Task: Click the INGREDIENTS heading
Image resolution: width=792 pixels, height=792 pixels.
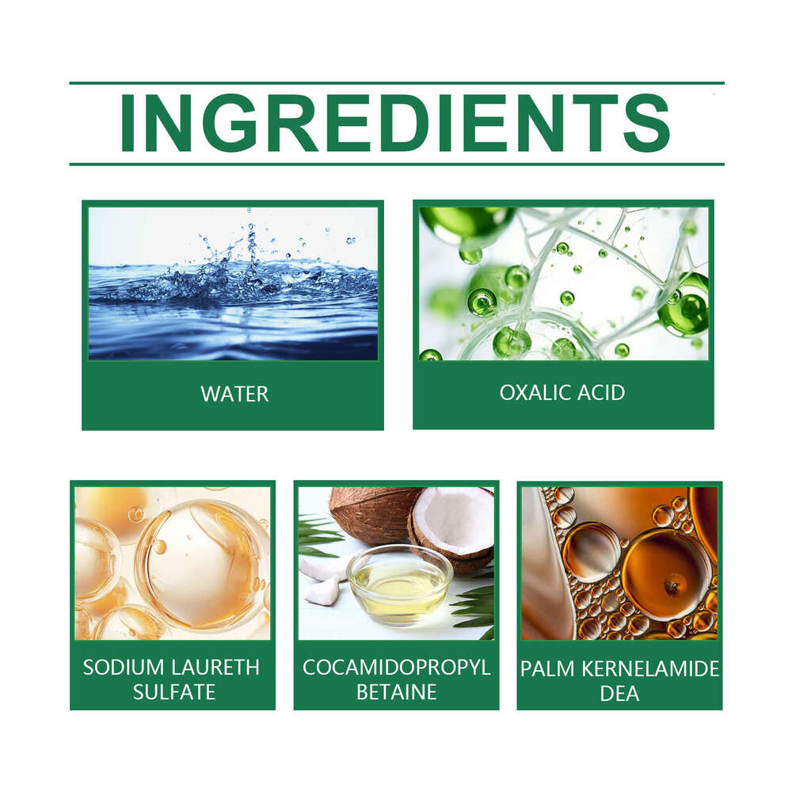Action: click(x=395, y=124)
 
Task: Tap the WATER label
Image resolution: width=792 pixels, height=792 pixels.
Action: click(x=234, y=394)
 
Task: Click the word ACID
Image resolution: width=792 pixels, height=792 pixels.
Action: click(x=601, y=393)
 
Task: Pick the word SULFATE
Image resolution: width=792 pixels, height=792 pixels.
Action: click(x=174, y=692)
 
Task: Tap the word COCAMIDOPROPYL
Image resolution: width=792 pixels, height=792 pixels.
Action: click(x=397, y=667)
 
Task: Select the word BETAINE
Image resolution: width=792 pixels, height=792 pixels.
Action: click(x=397, y=692)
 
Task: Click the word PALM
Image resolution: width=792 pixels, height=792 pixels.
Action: click(x=547, y=668)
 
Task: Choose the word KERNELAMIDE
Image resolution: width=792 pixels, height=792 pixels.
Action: click(x=650, y=668)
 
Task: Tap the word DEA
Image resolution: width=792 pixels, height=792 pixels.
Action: click(x=620, y=694)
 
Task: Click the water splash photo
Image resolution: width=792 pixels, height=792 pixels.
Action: click(x=233, y=284)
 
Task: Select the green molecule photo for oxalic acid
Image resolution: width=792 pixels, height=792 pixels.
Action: click(x=564, y=284)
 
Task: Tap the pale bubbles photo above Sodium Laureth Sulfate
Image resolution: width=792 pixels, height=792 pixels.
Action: click(x=173, y=563)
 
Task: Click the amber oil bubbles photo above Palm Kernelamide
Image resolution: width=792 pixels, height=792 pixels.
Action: click(x=620, y=563)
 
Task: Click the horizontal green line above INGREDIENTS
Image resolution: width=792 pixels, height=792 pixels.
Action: click(x=397, y=82)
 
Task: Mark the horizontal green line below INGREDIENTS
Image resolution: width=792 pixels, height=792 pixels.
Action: click(x=397, y=164)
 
